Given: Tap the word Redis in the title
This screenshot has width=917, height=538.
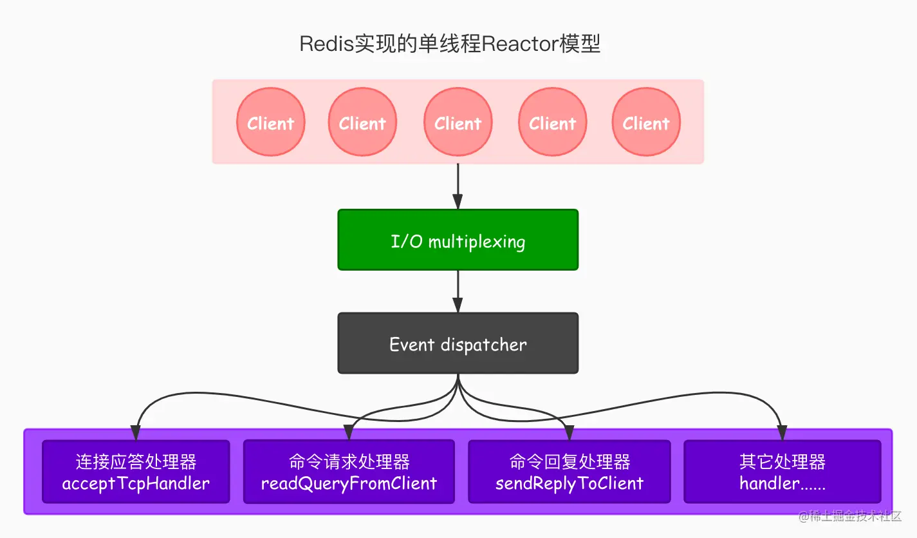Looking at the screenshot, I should point(326,44).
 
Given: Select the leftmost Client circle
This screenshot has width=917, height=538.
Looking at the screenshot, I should point(270,122).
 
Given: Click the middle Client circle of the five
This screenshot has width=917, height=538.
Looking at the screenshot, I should point(458,122).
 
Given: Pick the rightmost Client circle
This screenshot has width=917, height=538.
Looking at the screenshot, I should point(645,122).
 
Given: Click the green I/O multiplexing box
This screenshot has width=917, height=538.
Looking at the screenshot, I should point(458,240).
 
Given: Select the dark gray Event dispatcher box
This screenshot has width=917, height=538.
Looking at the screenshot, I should point(458,343).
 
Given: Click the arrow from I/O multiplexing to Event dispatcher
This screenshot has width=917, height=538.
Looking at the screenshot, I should point(458,291).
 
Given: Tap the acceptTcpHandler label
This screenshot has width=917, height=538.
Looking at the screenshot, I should point(136,483).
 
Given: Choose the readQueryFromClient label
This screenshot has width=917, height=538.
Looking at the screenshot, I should point(349,483).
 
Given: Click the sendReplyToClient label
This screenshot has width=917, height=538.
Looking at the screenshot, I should point(569,483).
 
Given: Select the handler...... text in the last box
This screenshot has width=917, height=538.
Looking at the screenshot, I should point(782,483).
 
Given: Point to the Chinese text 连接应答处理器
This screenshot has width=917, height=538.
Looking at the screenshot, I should point(136,461).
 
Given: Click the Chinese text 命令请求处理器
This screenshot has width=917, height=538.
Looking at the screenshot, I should point(349,461).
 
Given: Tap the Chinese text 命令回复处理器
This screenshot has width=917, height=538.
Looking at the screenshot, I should point(569,461).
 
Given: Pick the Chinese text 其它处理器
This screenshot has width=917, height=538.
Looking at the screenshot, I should point(782,461).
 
